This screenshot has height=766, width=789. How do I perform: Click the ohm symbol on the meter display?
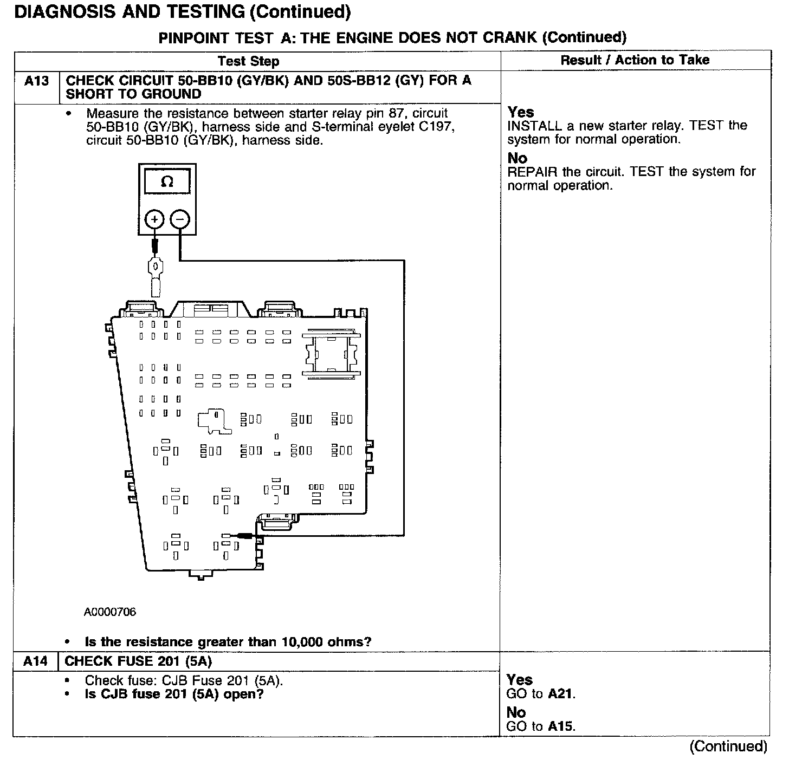(x=167, y=182)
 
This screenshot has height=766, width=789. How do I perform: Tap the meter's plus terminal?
(x=155, y=219)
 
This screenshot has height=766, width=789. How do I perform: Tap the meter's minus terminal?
(x=180, y=219)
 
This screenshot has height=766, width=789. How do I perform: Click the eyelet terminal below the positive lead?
(x=155, y=267)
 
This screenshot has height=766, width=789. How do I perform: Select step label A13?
(x=36, y=81)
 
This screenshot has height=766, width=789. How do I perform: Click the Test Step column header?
(x=248, y=61)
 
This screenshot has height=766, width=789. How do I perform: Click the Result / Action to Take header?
(x=635, y=60)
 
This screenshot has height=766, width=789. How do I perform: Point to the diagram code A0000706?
(x=110, y=612)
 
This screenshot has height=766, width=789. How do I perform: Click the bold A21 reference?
(x=560, y=694)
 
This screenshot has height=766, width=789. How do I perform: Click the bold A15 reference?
(x=560, y=726)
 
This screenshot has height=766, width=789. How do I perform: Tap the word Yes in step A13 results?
(x=521, y=112)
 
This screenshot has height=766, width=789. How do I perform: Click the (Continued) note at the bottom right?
(x=728, y=746)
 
